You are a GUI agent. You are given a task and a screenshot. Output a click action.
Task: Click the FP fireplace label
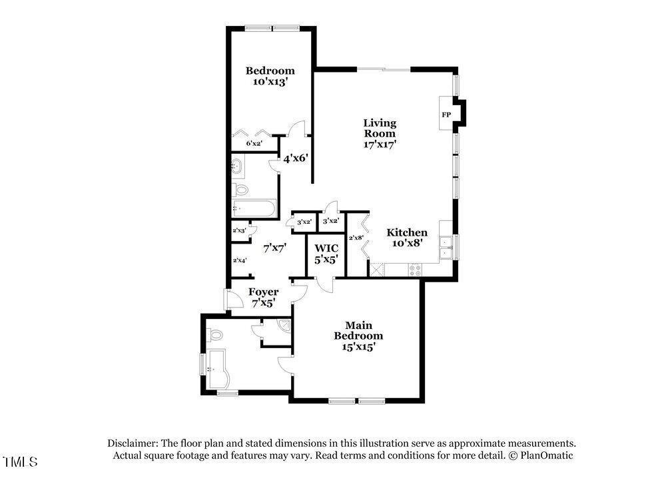(x=446, y=115)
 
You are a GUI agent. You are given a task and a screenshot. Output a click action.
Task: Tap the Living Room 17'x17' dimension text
(x=380, y=144)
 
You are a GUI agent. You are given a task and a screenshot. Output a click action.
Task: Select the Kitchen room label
(x=407, y=232)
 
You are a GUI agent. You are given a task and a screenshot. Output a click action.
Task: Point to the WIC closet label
(x=326, y=248)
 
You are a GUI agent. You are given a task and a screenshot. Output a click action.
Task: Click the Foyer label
(x=263, y=292)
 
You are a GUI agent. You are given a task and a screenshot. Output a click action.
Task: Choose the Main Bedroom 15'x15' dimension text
(x=358, y=347)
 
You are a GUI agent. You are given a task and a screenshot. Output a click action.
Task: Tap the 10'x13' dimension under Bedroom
(x=270, y=81)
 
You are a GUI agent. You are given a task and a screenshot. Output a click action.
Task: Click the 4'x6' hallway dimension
(x=296, y=159)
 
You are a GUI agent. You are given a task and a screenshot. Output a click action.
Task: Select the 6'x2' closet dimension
(x=254, y=144)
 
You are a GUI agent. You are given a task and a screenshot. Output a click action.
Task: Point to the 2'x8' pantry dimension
(x=356, y=238)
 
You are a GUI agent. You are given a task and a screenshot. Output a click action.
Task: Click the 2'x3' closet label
(x=239, y=230)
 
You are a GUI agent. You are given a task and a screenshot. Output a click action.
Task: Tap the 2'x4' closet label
(x=240, y=260)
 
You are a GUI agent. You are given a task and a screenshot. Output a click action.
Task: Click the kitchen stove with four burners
(x=415, y=270)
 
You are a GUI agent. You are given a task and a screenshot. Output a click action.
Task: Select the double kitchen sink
(x=446, y=248)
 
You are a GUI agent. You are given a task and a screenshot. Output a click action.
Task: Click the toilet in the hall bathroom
(x=240, y=190)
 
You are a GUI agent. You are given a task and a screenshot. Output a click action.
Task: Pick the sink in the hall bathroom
(x=238, y=167)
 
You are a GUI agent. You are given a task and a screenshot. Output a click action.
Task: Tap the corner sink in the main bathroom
(x=284, y=325)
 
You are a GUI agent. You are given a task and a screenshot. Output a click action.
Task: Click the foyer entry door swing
(x=234, y=300)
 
